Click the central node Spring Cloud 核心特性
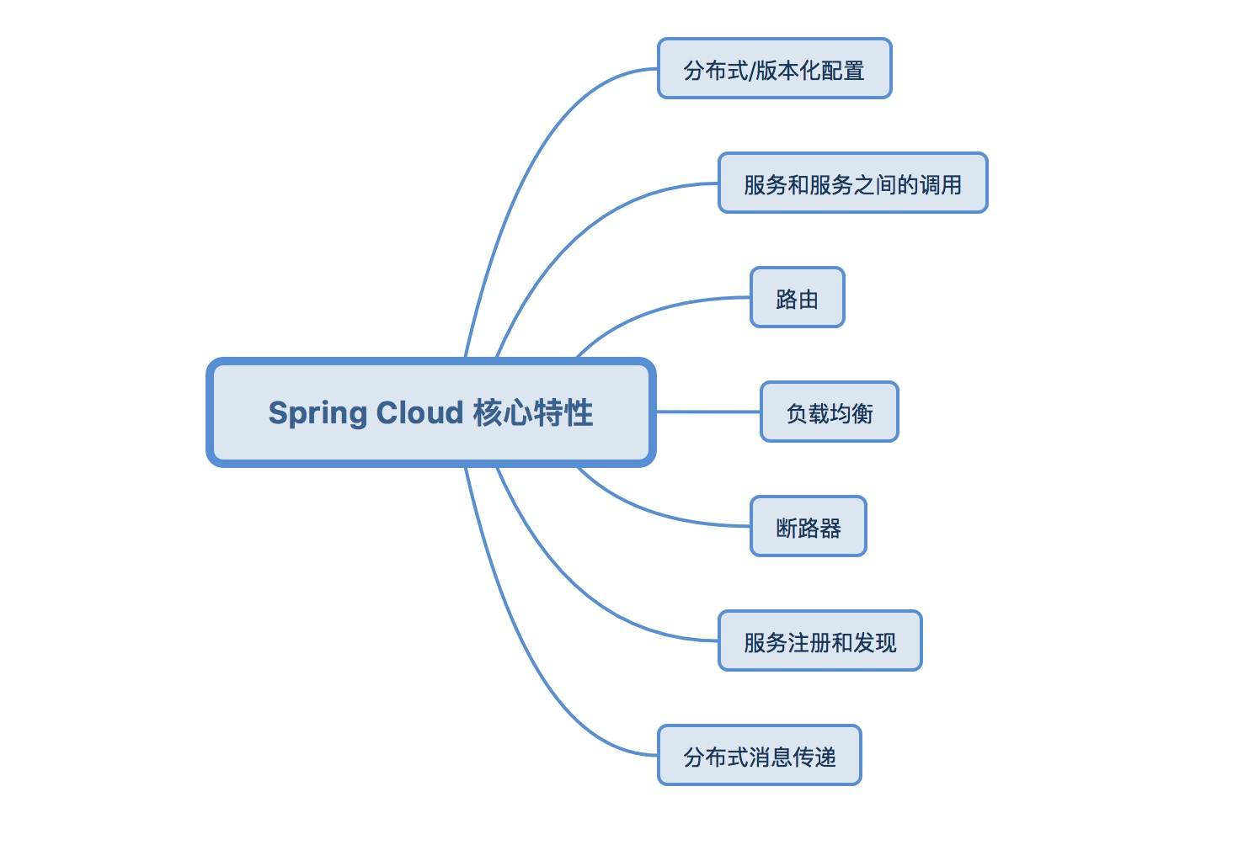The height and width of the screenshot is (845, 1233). pyautogui.click(x=430, y=412)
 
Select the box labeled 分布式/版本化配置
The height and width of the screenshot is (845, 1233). pyautogui.click(x=774, y=69)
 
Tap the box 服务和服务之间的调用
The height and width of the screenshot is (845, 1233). pyautogui.click(x=852, y=183)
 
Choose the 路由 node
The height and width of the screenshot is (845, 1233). pyautogui.click(x=797, y=298)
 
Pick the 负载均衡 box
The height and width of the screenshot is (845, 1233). pyautogui.click(x=829, y=412)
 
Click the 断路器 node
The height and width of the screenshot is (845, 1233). pyautogui.click(x=808, y=527)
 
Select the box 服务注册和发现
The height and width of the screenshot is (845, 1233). pyautogui.click(x=819, y=641)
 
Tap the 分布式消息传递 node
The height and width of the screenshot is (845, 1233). pyautogui.click(x=759, y=756)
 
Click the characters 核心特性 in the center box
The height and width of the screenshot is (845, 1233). pyautogui.click(x=532, y=412)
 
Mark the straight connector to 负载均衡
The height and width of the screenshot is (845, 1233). pyautogui.click(x=707, y=412)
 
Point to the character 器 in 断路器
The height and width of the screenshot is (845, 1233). pyautogui.click(x=830, y=528)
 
